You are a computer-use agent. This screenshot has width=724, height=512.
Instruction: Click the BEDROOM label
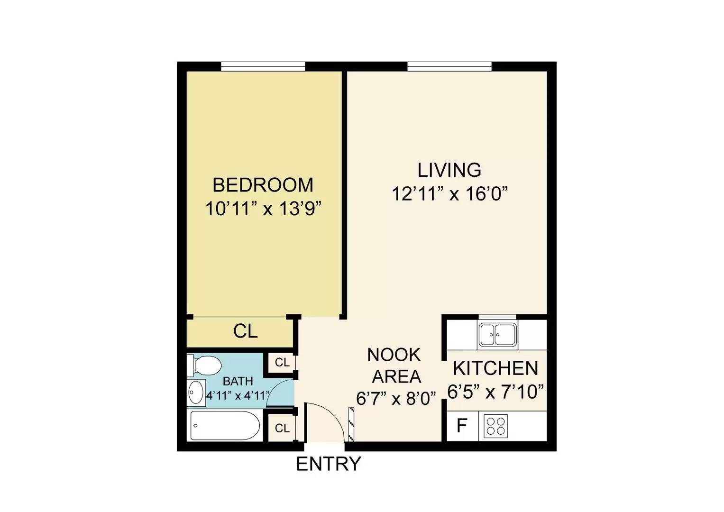click(263, 185)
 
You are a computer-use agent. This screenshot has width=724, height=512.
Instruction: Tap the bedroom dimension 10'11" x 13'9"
click(264, 209)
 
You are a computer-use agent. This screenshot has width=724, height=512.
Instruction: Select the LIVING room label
click(449, 170)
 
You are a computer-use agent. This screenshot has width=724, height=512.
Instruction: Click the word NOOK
click(394, 355)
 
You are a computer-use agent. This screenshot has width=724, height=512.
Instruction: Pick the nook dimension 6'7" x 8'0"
click(396, 399)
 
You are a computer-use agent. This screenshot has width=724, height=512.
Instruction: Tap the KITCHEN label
click(495, 368)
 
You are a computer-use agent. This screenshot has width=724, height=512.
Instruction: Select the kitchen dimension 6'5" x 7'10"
click(495, 392)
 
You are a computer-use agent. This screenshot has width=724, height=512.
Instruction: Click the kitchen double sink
click(498, 335)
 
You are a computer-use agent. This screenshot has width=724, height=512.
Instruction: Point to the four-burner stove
click(495, 426)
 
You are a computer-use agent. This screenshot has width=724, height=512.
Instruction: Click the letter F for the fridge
click(462, 425)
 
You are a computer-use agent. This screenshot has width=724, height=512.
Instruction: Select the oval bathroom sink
click(196, 393)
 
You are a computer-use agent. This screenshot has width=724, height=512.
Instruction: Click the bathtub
click(225, 425)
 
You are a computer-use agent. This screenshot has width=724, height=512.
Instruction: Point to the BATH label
click(238, 382)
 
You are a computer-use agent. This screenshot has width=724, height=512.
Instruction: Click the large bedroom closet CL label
click(246, 331)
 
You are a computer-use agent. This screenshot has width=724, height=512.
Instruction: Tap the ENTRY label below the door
click(329, 464)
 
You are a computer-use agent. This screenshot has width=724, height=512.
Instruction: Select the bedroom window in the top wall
click(263, 66)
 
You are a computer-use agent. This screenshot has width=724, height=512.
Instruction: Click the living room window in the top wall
click(449, 66)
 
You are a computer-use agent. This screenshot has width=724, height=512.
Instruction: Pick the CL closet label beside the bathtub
click(282, 428)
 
